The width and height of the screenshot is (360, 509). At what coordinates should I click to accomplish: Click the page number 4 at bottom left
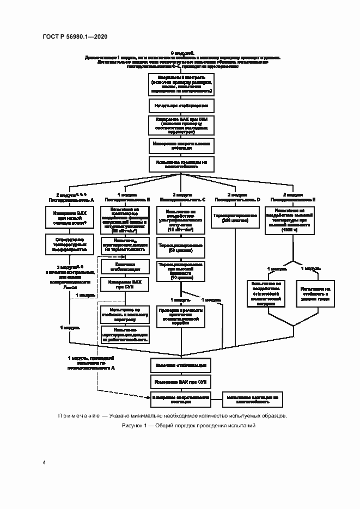coord(44,463)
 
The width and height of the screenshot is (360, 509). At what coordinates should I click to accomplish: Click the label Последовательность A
coord(72,200)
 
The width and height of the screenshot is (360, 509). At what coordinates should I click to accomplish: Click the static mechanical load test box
coord(267,294)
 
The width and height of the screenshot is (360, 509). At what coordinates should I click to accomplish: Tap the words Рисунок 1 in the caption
coord(136,425)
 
